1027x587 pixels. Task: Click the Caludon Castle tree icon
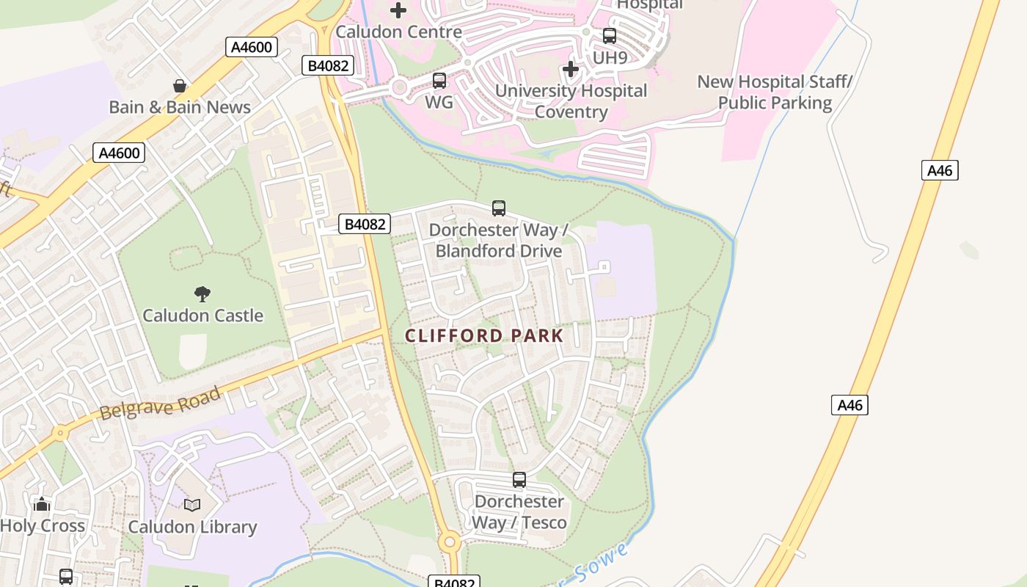click(x=202, y=294)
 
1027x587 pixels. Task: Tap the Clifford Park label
click(x=484, y=336)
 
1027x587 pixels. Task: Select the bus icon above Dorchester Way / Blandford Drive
click(x=499, y=208)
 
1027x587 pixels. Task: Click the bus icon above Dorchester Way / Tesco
click(x=519, y=480)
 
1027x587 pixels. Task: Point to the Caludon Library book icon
click(x=192, y=505)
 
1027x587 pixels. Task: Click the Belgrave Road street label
click(x=160, y=404)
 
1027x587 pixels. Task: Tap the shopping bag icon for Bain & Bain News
click(x=180, y=86)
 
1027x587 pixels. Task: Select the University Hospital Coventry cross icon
click(x=570, y=70)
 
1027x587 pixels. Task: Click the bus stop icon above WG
click(x=439, y=81)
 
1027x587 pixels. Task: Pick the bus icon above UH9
click(x=610, y=35)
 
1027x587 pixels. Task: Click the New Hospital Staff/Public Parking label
click(x=775, y=92)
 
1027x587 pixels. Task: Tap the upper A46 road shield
click(x=940, y=170)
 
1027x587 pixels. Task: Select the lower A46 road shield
click(x=849, y=405)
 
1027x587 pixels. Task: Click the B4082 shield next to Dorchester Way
click(x=364, y=224)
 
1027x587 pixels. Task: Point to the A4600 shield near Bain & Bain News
click(x=252, y=48)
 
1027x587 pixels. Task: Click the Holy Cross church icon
click(x=42, y=504)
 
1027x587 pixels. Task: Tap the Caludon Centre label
click(x=398, y=32)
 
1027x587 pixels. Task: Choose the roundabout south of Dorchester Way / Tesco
click(x=450, y=543)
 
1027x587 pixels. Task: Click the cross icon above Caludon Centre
click(x=398, y=10)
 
